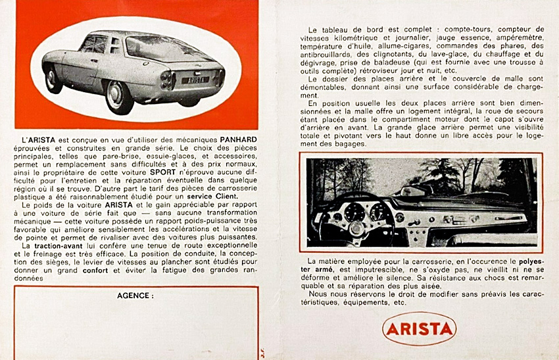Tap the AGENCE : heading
click(x=135, y=296)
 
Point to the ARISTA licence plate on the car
click(x=195, y=80)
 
